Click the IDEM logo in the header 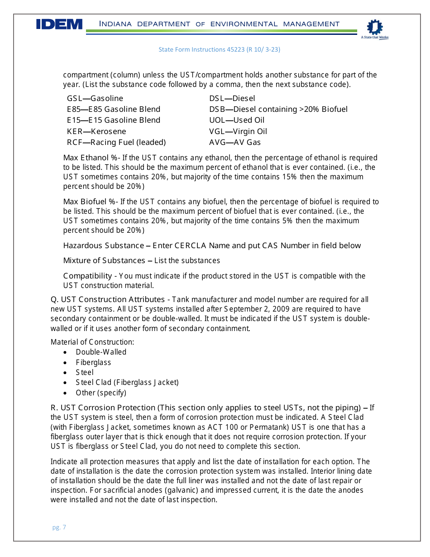coord(59,24)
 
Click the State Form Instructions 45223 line coord(219,49)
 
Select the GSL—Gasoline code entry coord(95,98)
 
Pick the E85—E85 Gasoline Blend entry coord(114,109)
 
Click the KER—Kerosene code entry coord(96,131)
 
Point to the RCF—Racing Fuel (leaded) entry coord(116,142)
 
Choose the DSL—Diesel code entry coord(232,98)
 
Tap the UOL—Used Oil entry coord(237,120)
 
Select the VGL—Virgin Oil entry coord(238,131)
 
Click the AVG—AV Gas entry coord(235,142)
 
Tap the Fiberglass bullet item coord(93,362)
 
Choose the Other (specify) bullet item coord(101,393)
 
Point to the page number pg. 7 coord(59,527)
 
